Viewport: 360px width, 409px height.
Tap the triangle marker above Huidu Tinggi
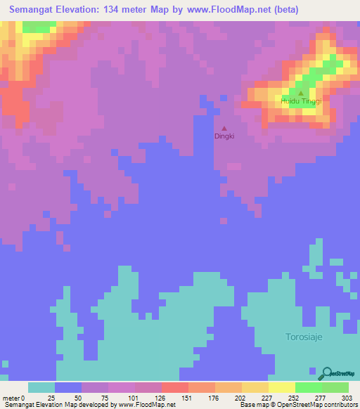pyautogui.click(x=301, y=93)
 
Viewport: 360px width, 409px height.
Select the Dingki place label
pyautogui.click(x=224, y=138)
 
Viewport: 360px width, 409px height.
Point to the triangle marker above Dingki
pyautogui.click(x=224, y=129)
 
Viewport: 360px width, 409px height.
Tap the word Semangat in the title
pyautogui.click(x=36, y=10)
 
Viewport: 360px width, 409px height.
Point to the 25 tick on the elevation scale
pyautogui.click(x=51, y=397)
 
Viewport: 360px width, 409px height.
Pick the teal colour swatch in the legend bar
pyautogui.click(x=41, y=387)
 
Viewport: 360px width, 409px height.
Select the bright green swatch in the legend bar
pyautogui.click(x=308, y=387)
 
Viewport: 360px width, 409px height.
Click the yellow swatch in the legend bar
pyautogui.click(x=281, y=387)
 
